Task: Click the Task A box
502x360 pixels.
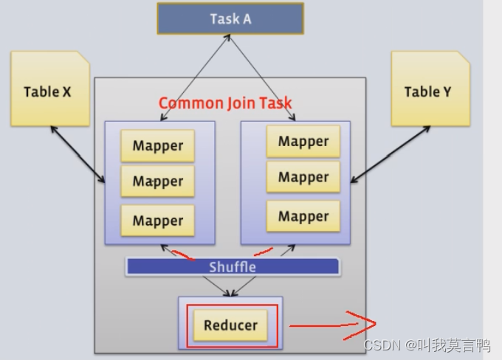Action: coord(230,18)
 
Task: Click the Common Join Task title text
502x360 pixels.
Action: coord(225,103)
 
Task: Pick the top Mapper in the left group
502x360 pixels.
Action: coord(157,146)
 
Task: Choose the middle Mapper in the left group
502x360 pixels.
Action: coord(157,181)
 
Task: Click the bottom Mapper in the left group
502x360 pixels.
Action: coord(157,220)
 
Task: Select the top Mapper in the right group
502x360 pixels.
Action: coord(303,142)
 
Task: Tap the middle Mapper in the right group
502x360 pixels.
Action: coord(303,177)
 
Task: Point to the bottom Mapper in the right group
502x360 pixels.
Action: coord(303,216)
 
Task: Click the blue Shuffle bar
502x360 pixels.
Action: coord(233,266)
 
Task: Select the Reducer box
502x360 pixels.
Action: coord(230,325)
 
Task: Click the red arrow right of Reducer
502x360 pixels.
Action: coord(332,324)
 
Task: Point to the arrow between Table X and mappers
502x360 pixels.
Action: coord(78,155)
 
